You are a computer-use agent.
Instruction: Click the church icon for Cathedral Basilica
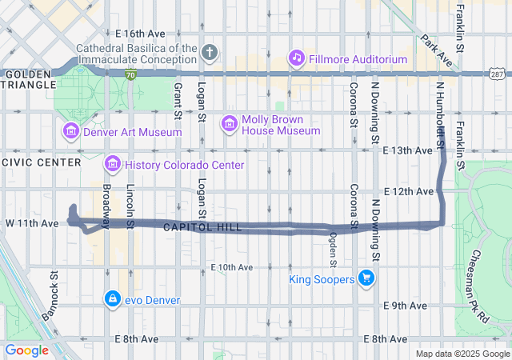point(210,53)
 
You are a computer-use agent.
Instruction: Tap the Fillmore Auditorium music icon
point(297,57)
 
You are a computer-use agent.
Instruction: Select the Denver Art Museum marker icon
point(70,131)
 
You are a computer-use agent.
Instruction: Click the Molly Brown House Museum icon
point(230,122)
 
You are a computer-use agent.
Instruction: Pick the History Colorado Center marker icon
point(113,165)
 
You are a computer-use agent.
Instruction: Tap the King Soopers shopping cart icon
point(367,278)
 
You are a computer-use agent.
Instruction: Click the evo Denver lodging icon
point(112,299)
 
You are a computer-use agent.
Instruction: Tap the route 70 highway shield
point(131,74)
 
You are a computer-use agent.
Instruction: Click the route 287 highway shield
point(498,74)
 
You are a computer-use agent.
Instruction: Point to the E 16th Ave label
point(139,34)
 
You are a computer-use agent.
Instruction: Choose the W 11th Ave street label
point(32,222)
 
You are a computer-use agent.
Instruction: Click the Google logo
point(27,350)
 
